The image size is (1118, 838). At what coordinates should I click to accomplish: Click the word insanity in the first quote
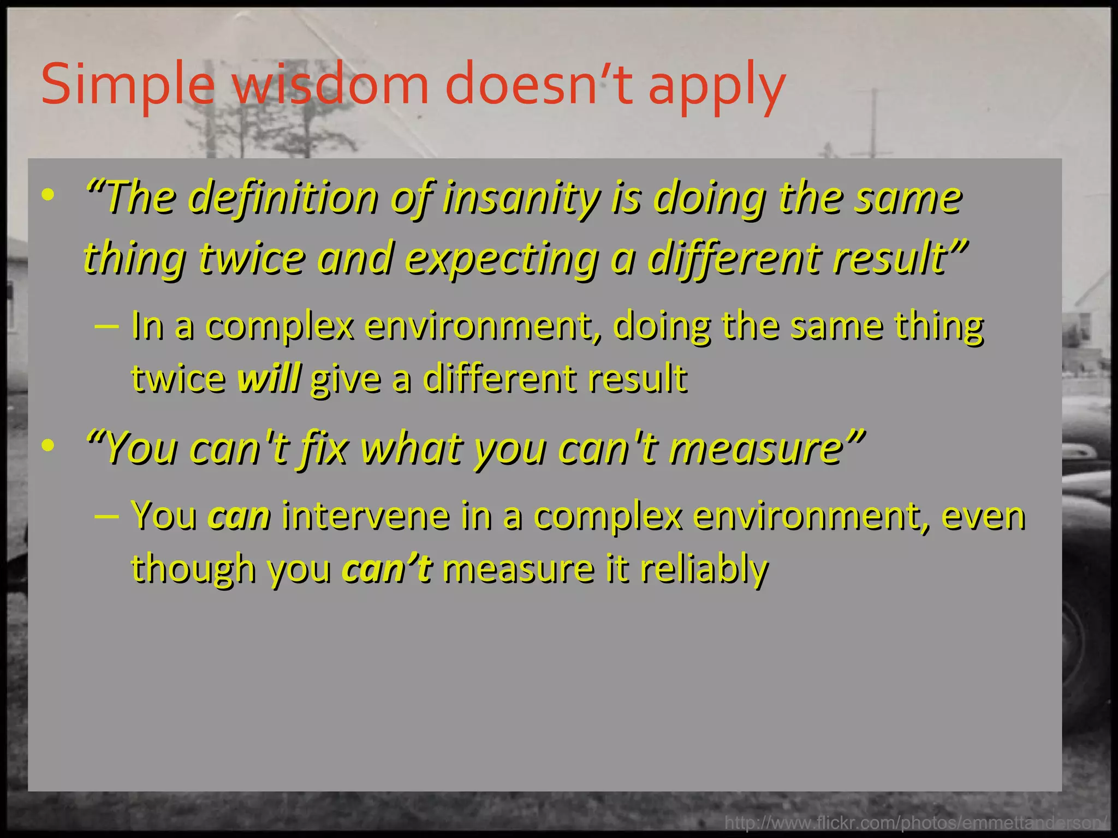coord(521,198)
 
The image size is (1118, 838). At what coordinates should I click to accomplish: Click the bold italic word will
coord(269,378)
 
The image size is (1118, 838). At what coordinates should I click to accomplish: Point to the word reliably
coord(704,568)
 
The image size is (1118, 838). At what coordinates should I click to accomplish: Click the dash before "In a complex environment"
coord(106,326)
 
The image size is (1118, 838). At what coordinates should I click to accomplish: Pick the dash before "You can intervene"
coord(106,516)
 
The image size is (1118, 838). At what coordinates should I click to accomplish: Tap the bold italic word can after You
coord(239,516)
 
